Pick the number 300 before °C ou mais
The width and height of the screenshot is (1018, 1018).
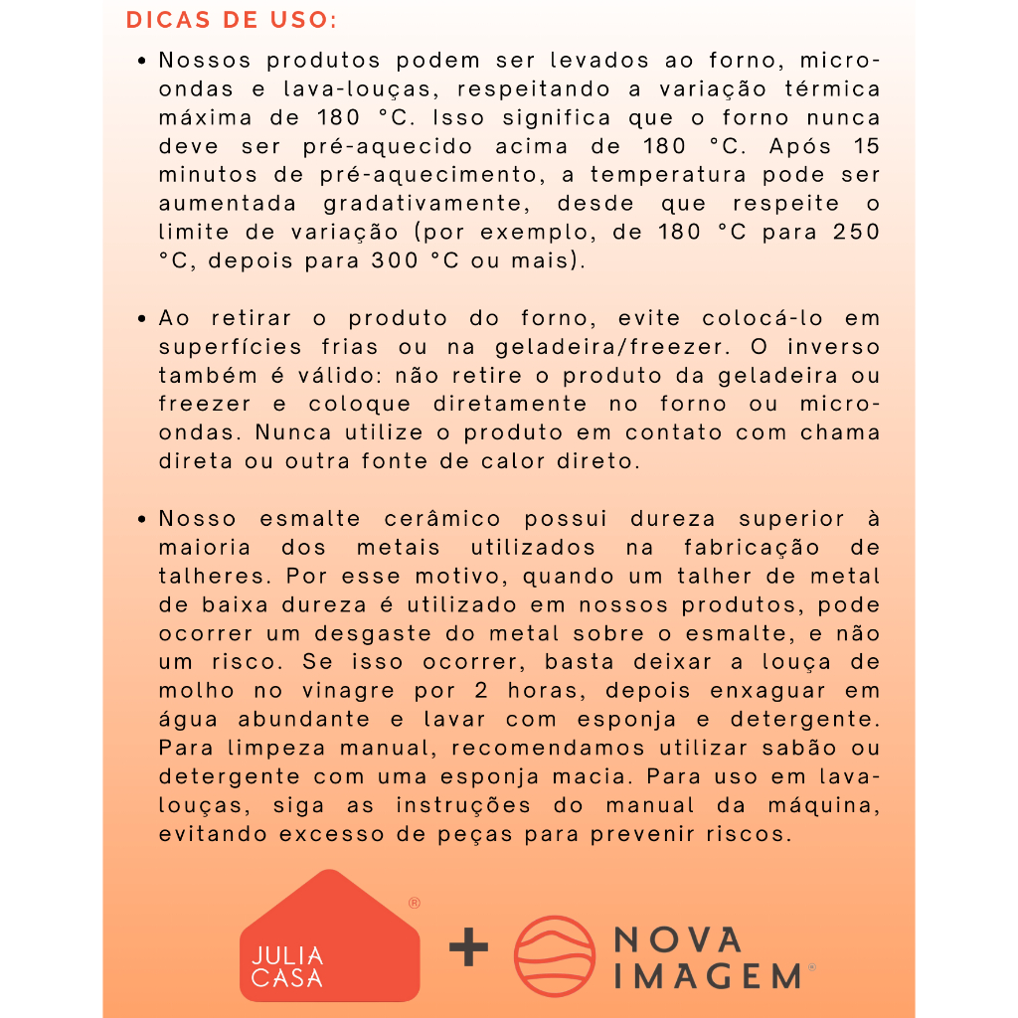(396, 262)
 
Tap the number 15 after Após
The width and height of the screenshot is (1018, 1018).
(865, 147)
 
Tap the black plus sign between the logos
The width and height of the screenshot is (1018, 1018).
(468, 948)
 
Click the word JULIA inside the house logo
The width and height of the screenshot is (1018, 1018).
(287, 955)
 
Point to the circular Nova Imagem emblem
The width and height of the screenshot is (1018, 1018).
(555, 955)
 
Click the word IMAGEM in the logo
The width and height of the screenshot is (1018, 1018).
(708, 975)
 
